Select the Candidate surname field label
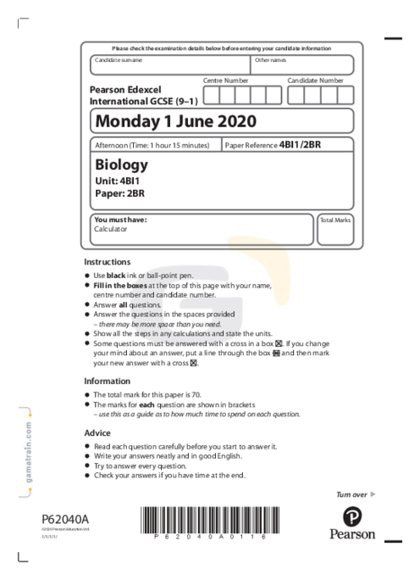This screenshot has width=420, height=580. point(119,60)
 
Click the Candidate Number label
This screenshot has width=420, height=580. point(315,81)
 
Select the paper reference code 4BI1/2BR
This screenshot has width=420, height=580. point(300,145)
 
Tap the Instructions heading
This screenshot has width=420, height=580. point(108,262)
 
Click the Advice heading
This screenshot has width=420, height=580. point(97,433)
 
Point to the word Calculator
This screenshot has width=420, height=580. point(110,229)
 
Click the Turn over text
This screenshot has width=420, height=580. point(351,494)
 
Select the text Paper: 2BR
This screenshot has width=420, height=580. point(117,194)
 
